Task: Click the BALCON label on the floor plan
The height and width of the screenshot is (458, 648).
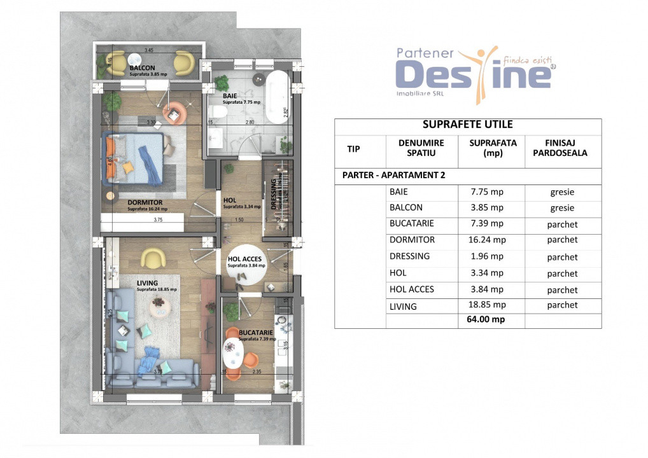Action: click(142, 67)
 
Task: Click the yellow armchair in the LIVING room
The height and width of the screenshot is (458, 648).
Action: click(153, 258)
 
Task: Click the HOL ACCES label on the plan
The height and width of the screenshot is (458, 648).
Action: click(245, 259)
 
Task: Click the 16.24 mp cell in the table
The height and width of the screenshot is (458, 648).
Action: click(491, 240)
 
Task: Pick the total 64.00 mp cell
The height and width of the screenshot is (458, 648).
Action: click(491, 319)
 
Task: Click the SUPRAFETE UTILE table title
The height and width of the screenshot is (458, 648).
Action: click(468, 125)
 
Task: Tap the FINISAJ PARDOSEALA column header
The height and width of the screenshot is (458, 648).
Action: click(562, 148)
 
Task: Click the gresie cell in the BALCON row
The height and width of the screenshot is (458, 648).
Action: click(562, 208)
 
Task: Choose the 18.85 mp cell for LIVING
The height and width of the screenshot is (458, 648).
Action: click(491, 305)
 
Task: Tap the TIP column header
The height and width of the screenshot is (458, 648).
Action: click(353, 149)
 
